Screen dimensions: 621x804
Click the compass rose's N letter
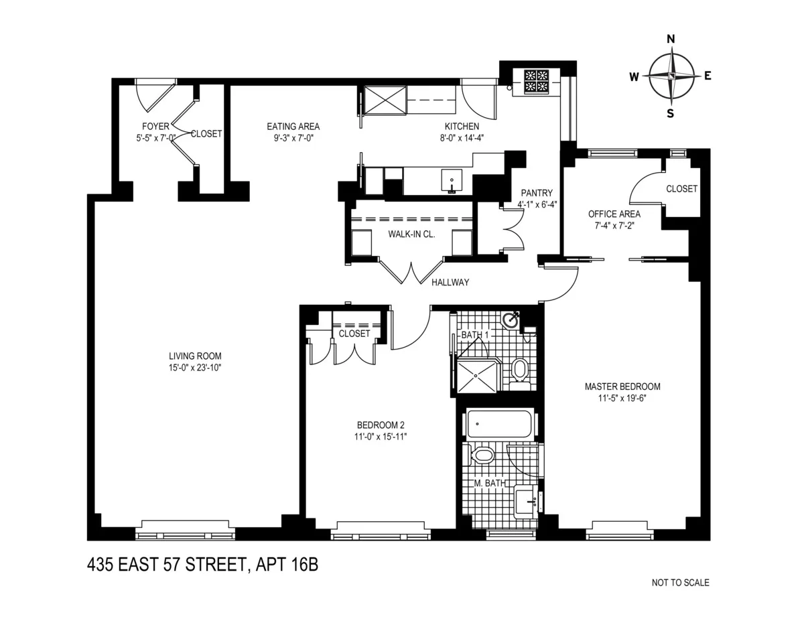click(670, 39)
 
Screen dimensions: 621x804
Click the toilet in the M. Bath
click(482, 456)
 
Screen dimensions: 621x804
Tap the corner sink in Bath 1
click(513, 320)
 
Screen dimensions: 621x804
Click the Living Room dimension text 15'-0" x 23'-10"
click(195, 368)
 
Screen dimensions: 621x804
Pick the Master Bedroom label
click(622, 387)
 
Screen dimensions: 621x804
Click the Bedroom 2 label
click(381, 425)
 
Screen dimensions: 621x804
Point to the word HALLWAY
click(450, 283)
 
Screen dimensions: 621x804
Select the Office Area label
click(614, 214)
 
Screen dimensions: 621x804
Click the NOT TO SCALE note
click(680, 583)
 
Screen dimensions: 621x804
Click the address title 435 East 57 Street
click(202, 565)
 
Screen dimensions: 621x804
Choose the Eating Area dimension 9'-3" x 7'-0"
click(293, 137)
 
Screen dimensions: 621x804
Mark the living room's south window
click(186, 534)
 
